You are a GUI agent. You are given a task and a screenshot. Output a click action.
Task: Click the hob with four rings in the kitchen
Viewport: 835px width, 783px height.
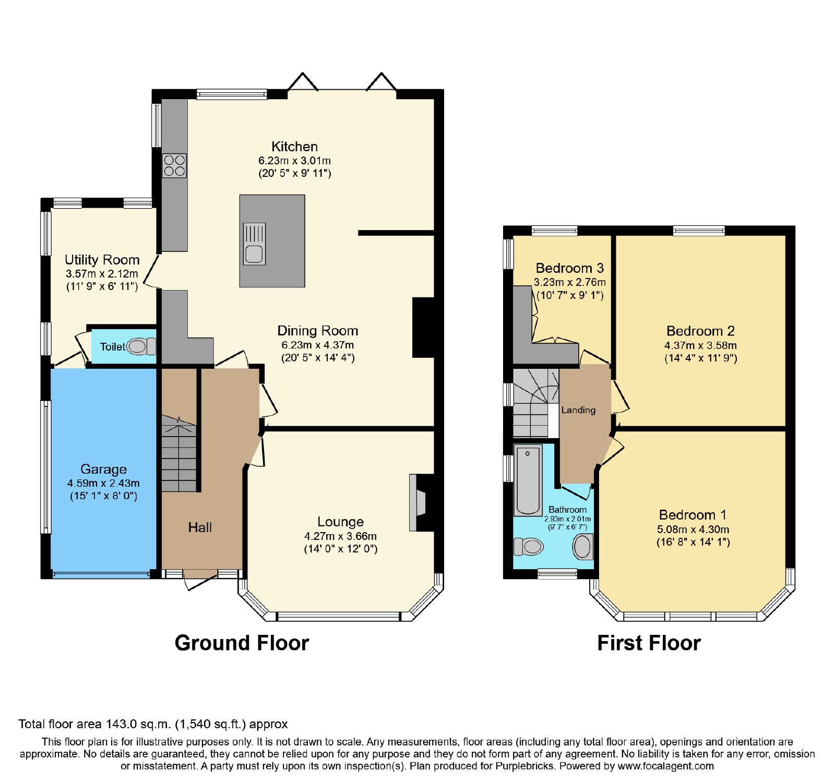tap(174, 165)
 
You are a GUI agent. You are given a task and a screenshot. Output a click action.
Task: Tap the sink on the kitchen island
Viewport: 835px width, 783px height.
tap(254, 244)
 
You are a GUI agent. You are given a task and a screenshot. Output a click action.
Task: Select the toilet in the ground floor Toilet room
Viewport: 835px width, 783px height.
tap(141, 346)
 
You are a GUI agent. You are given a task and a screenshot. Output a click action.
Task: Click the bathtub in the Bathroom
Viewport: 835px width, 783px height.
tap(528, 480)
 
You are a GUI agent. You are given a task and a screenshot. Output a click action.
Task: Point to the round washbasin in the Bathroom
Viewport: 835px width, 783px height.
tap(582, 547)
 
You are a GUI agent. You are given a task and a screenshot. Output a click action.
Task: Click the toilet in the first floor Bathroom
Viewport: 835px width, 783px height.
tap(529, 547)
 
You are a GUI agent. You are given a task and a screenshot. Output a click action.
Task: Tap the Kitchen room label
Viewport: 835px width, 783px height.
tap(294, 147)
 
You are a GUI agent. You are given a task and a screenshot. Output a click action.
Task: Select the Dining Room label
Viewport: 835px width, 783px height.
tap(317, 331)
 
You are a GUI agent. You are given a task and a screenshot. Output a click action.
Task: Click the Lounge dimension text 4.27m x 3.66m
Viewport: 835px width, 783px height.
tap(340, 536)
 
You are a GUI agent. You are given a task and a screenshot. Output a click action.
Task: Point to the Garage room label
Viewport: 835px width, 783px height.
tap(103, 469)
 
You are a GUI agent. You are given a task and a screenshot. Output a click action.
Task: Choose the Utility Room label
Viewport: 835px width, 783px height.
tap(102, 260)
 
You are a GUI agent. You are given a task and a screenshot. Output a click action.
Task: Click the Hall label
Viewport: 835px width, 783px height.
tap(200, 527)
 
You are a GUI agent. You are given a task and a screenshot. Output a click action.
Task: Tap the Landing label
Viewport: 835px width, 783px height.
tap(578, 410)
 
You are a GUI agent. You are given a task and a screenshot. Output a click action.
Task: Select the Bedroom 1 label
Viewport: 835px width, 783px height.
tap(693, 515)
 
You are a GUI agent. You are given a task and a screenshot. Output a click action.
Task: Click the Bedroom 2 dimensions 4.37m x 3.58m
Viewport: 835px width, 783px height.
tap(700, 345)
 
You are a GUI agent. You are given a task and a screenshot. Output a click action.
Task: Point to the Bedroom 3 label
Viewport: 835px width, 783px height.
tap(569, 268)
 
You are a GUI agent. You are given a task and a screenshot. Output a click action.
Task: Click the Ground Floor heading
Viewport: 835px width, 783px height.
tap(242, 643)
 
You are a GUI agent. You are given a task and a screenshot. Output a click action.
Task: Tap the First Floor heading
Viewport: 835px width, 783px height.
tap(649, 643)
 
